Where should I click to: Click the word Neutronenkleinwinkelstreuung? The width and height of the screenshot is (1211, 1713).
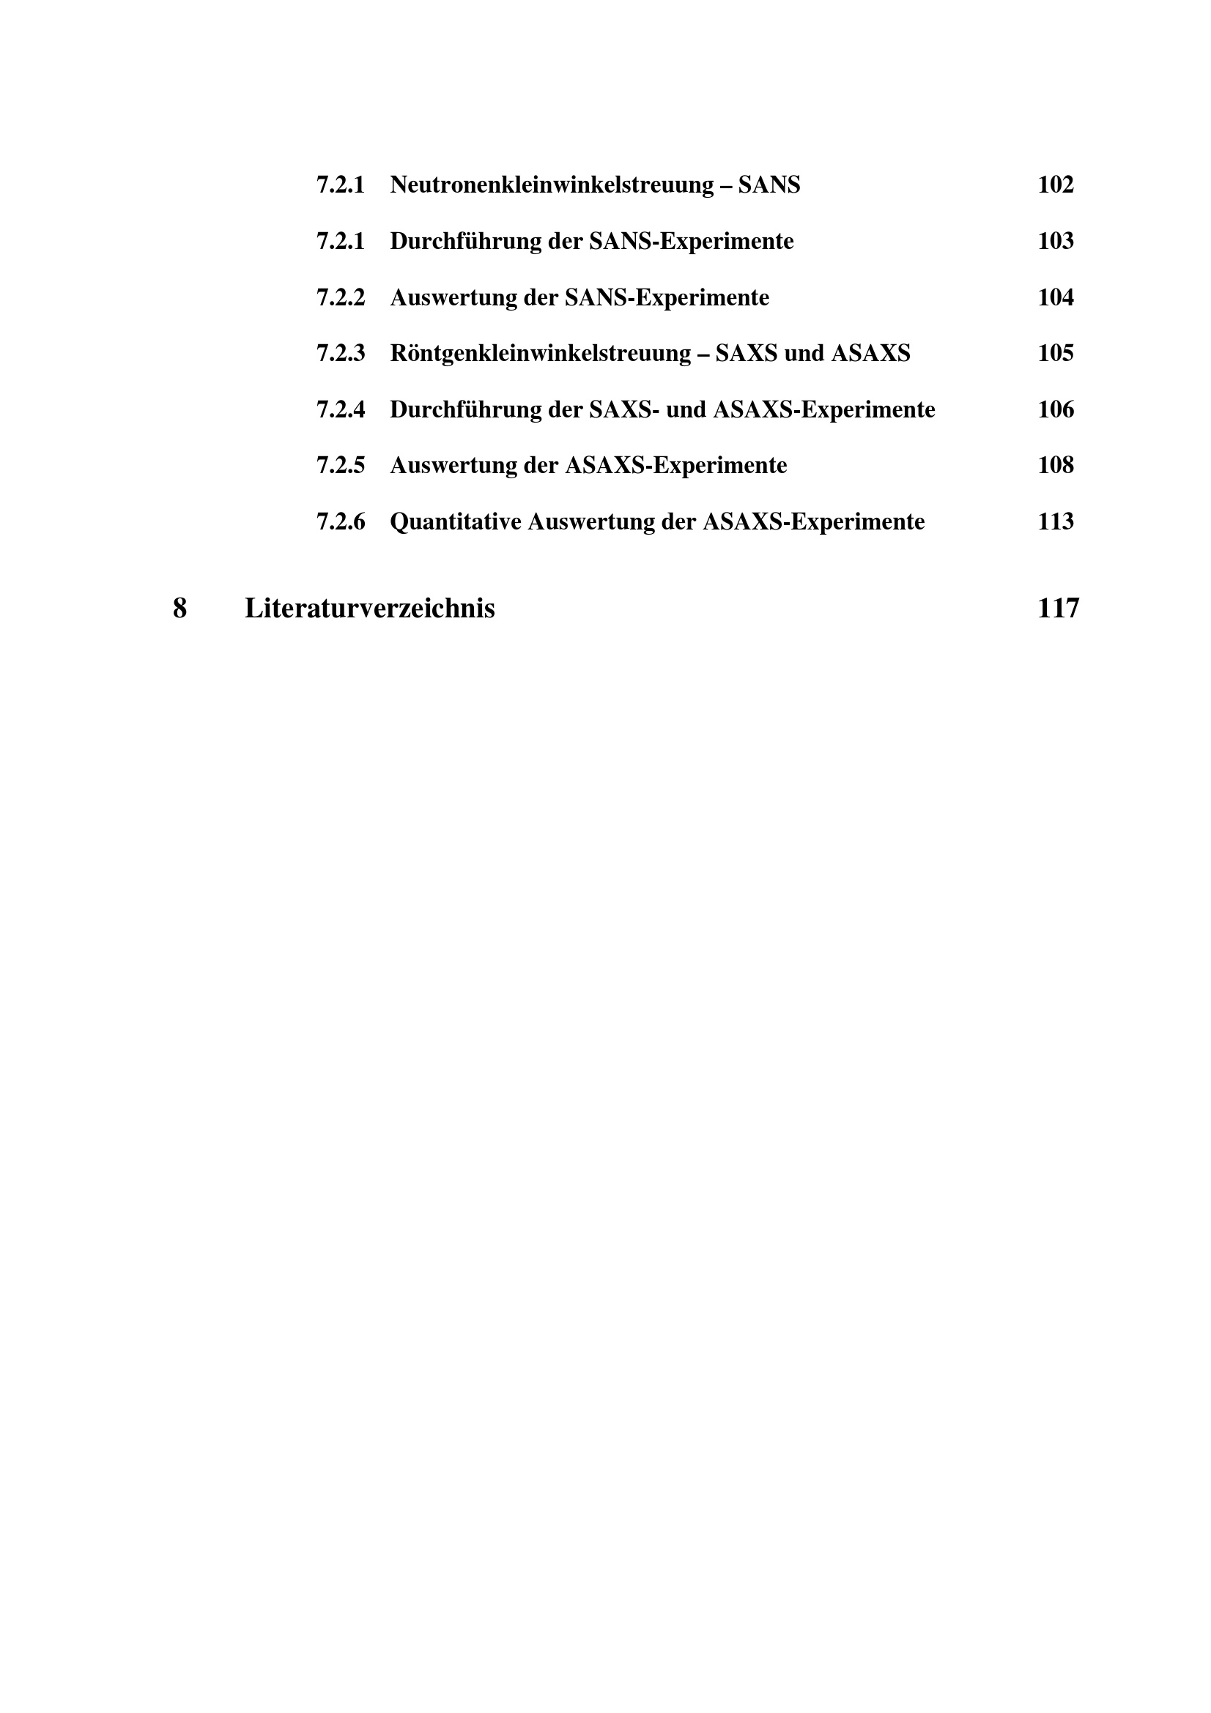tap(552, 185)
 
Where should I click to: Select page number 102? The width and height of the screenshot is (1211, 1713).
tap(1055, 185)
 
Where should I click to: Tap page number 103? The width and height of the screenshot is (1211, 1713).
tap(1055, 241)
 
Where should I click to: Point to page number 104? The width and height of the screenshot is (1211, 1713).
tap(1055, 297)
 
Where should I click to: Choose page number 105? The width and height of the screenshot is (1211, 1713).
tap(1055, 353)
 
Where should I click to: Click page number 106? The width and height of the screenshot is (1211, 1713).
tap(1055, 409)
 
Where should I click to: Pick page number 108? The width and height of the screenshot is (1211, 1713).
tap(1055, 466)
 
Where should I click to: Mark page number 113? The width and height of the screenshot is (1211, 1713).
tap(1055, 521)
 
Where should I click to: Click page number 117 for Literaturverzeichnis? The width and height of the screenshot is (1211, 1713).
tap(1057, 609)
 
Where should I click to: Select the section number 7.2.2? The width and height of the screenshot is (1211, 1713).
tap(340, 297)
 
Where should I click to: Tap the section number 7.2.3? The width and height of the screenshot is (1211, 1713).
tap(340, 353)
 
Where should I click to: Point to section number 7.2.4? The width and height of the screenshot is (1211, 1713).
tap(340, 409)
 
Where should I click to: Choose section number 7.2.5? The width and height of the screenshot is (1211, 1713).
tap(340, 466)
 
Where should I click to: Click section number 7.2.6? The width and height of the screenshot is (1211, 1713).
tap(340, 521)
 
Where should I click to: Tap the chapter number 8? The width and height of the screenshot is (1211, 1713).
tap(179, 609)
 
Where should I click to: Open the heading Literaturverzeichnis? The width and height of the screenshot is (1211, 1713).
tap(369, 609)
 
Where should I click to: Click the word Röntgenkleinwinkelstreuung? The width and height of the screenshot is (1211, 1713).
tap(540, 353)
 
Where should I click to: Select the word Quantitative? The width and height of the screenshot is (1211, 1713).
tap(455, 521)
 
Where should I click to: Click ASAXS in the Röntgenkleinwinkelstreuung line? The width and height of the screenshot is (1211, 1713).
tap(870, 353)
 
